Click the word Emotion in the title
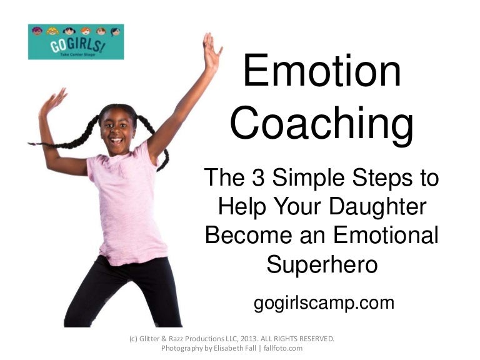322,71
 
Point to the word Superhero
322,264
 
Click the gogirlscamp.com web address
324,304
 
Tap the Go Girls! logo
76,42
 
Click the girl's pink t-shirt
125,206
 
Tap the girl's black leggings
125,294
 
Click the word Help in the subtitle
241,207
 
